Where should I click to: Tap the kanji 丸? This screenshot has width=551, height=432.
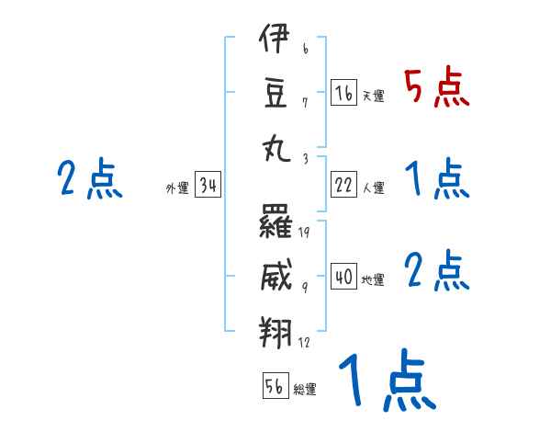275,145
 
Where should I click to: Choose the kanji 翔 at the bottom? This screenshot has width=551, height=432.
275,328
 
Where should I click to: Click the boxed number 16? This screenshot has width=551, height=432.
344,93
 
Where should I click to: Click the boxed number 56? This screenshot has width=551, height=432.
275,386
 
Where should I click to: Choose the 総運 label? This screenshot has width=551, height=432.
305,389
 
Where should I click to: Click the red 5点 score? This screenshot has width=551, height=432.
435,88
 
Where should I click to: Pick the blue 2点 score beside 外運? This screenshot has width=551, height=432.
88,178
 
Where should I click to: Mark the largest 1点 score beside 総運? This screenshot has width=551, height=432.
386,380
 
